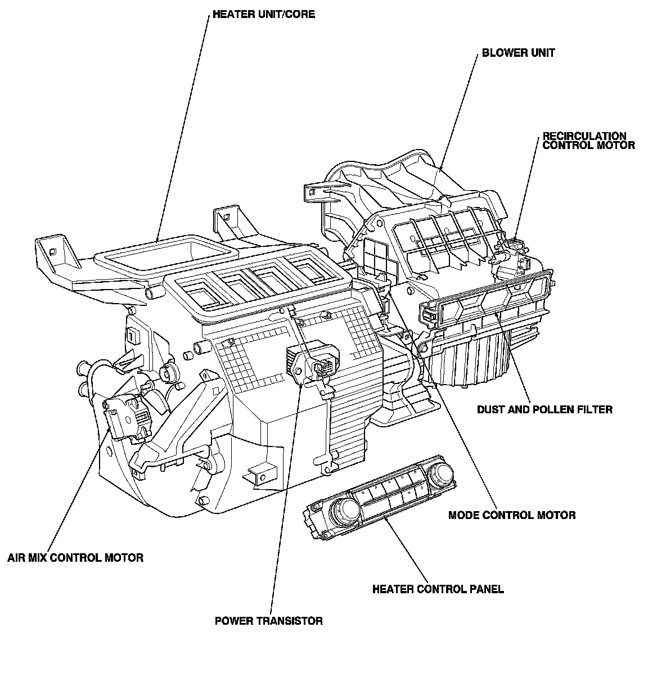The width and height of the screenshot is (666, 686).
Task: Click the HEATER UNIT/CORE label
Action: point(263,14)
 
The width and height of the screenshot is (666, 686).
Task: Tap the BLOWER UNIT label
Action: point(518,53)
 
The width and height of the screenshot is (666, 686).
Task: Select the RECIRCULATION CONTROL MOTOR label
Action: point(588,141)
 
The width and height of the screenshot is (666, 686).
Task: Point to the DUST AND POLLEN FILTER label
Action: point(544,409)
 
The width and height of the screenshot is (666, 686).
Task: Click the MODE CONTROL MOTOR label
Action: point(511,515)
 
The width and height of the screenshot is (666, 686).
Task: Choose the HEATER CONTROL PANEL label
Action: point(438,589)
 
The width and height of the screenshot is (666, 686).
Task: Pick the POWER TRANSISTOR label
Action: point(268,621)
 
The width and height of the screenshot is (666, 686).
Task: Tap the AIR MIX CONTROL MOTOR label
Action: point(75,558)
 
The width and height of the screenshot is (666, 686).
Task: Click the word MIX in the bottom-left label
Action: point(38,558)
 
